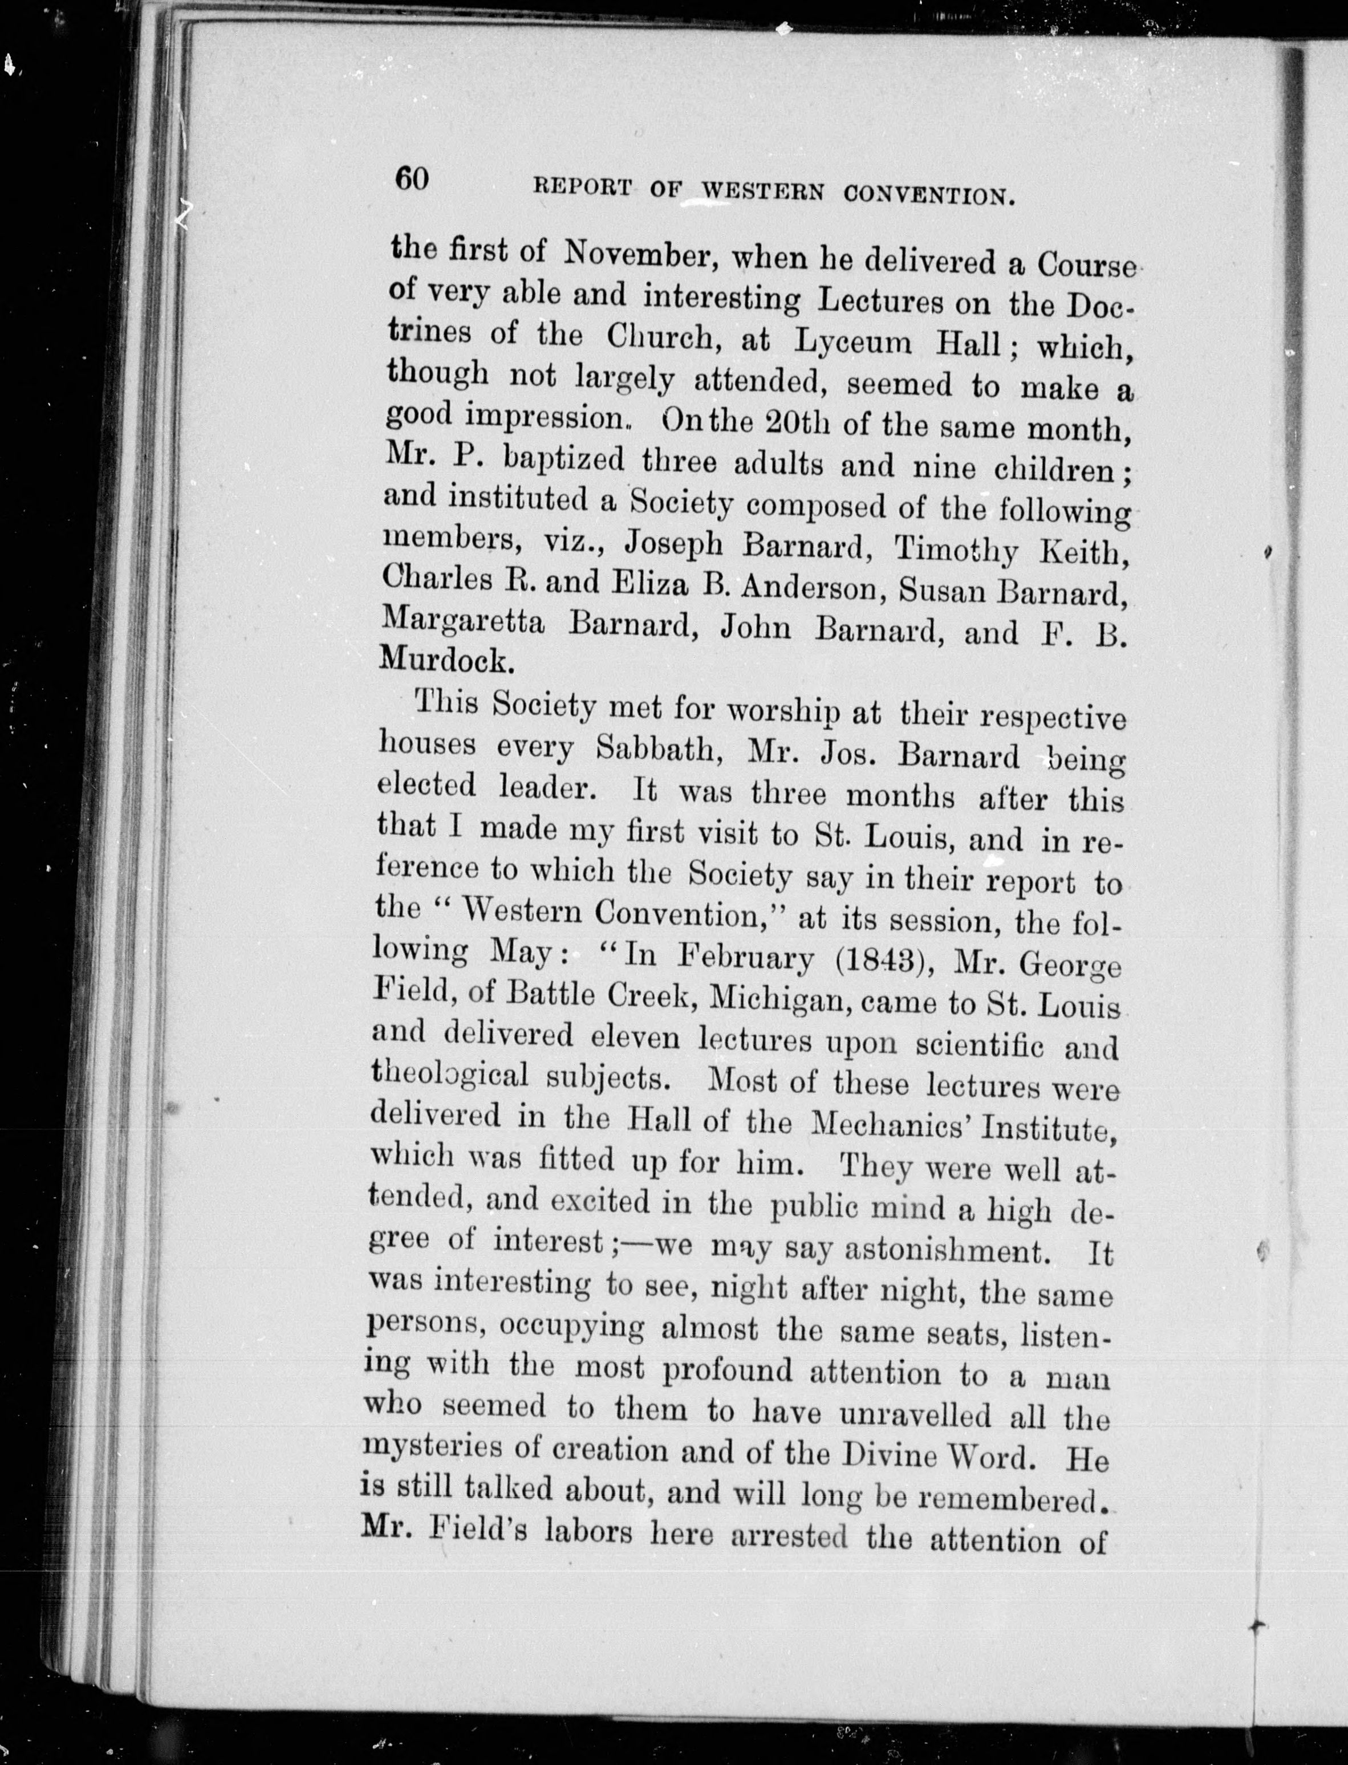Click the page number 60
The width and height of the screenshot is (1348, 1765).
[x=412, y=179]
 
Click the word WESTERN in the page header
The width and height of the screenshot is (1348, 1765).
[x=763, y=193]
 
